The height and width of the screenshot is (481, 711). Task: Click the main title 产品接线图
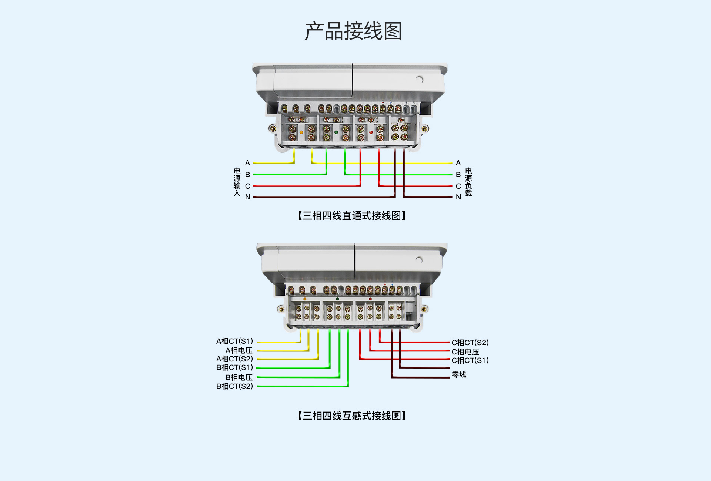(x=353, y=31)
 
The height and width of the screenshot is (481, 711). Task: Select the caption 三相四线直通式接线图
(x=352, y=216)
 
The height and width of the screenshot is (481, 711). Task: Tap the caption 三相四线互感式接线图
(x=352, y=416)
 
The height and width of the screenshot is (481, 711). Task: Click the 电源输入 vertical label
(x=237, y=182)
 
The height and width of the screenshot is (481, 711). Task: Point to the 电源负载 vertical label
(x=468, y=182)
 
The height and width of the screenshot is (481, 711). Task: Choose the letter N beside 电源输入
(x=248, y=197)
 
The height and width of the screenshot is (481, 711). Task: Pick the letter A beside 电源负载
(x=458, y=163)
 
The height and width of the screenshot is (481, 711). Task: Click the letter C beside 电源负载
(x=458, y=186)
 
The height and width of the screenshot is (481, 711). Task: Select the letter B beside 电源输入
(x=248, y=175)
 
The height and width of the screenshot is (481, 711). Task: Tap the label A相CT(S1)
(x=235, y=341)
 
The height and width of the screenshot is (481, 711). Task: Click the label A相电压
(x=239, y=350)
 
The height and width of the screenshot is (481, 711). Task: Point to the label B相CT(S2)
(x=235, y=386)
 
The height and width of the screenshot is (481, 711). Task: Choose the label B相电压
(x=239, y=377)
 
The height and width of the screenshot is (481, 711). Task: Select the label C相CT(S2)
(x=470, y=343)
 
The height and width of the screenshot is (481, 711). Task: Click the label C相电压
(x=465, y=352)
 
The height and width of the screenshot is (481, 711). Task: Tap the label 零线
(x=459, y=374)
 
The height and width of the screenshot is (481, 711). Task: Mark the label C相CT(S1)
(x=470, y=360)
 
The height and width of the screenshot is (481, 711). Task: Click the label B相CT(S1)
(x=235, y=367)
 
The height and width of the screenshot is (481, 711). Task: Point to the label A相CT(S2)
(x=235, y=359)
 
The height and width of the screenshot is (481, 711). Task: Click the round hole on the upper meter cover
(x=420, y=79)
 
